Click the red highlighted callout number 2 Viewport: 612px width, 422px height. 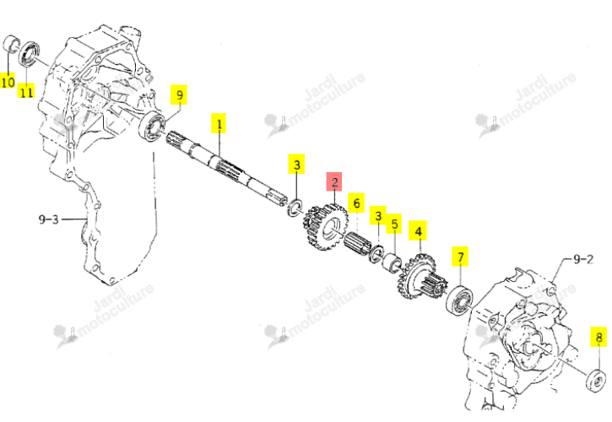(x=334, y=182)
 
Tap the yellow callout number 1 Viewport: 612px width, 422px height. (x=219, y=124)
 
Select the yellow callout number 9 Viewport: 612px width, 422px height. (x=179, y=95)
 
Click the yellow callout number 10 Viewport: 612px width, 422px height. (x=8, y=81)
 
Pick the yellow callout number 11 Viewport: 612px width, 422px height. (x=26, y=91)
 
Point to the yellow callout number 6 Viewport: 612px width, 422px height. (x=356, y=203)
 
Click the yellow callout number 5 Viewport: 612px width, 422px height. (x=394, y=225)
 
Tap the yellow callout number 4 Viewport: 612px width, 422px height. (x=418, y=230)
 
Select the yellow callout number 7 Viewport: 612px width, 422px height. (x=460, y=257)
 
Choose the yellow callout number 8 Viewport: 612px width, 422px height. (x=598, y=336)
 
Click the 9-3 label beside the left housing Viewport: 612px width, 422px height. (x=48, y=219)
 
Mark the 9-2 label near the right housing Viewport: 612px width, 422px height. (x=583, y=259)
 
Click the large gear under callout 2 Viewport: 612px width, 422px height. (x=325, y=227)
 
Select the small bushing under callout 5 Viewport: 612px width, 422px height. (x=391, y=261)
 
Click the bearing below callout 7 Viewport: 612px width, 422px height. (x=459, y=300)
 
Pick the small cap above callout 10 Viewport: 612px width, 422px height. (x=11, y=44)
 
